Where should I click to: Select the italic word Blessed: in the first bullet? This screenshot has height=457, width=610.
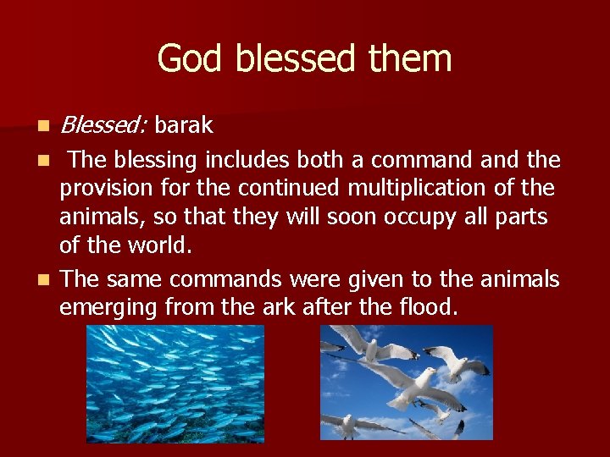(x=105, y=126)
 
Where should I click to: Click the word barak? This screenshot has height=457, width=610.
(x=184, y=126)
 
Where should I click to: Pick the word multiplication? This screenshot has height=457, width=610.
(x=446, y=188)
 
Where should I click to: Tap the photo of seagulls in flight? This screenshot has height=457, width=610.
(x=406, y=383)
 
